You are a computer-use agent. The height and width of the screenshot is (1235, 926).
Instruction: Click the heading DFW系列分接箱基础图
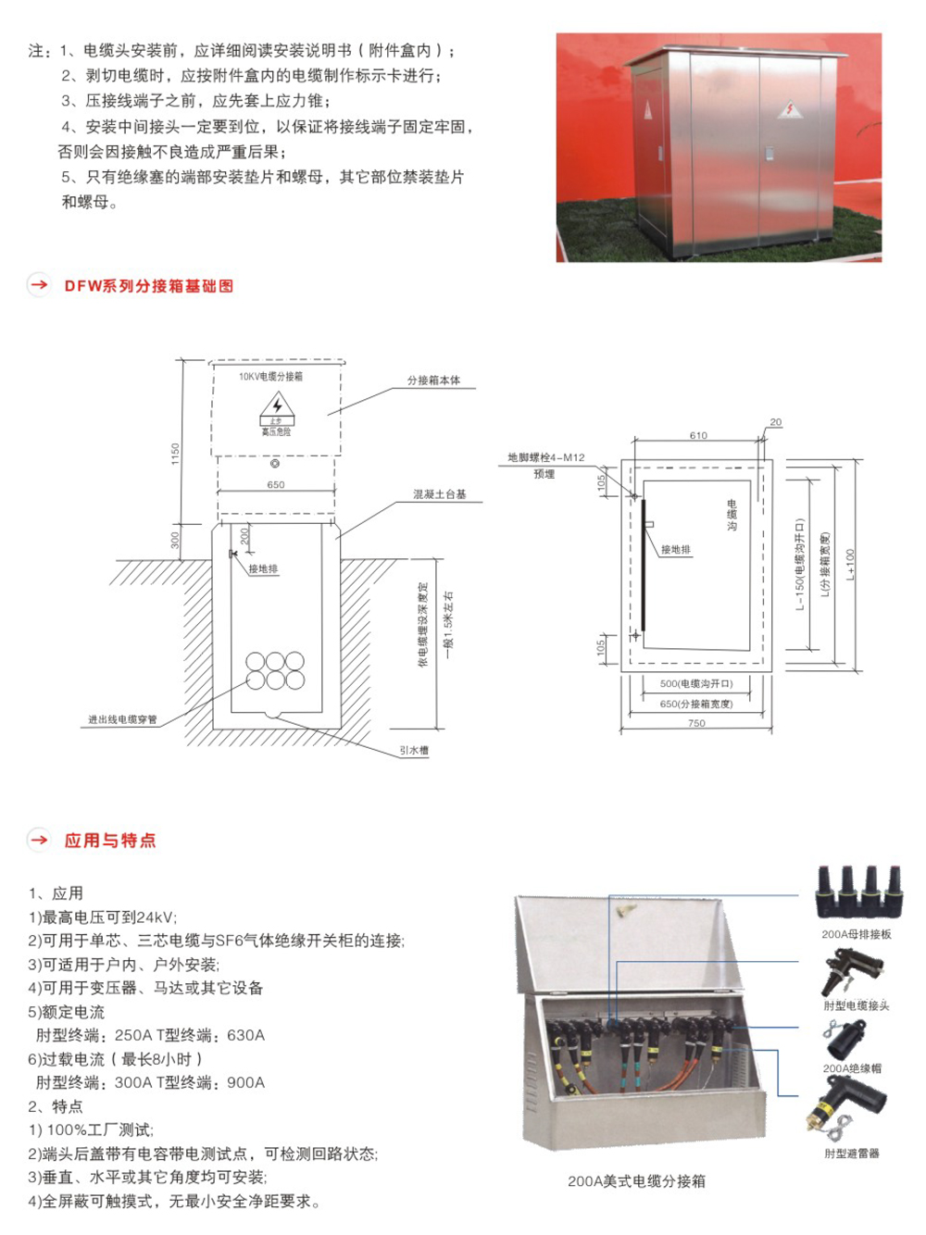coord(148,286)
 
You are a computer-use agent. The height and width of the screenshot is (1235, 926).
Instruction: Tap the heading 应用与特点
coord(109,840)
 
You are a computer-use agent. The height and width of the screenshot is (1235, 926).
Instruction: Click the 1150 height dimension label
coord(175,454)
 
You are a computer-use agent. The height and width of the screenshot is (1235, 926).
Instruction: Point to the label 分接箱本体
coord(433,380)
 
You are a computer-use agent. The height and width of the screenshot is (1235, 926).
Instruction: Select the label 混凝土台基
coord(440,494)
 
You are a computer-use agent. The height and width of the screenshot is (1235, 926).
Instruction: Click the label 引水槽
coord(414,750)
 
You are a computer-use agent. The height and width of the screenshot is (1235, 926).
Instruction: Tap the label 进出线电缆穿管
coord(122,719)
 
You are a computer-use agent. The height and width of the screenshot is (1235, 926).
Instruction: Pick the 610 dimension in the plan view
coord(698,435)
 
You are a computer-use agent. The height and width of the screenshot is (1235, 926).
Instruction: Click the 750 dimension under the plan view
coord(696,723)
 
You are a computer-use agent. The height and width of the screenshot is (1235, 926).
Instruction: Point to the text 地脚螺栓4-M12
coord(546,457)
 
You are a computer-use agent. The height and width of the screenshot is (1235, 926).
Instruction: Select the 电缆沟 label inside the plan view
coord(732,515)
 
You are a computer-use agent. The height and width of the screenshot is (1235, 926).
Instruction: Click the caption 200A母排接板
coord(857,934)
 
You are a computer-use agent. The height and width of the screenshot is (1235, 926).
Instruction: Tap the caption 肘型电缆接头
coord(857,1005)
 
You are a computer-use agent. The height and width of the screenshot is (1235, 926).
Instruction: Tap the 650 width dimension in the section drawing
coord(276,484)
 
